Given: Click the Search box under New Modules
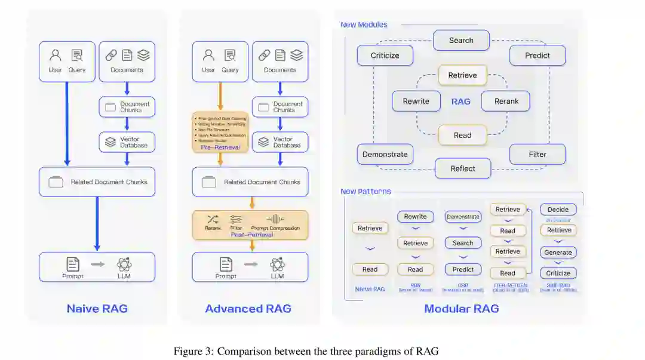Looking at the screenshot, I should click(x=461, y=41).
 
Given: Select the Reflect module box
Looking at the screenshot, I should click(x=463, y=168).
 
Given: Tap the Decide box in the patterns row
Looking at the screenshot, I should click(x=558, y=210).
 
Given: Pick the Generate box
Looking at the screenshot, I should click(x=558, y=253).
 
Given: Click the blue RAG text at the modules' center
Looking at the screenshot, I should click(x=460, y=101).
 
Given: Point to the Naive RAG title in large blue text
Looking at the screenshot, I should click(x=97, y=309).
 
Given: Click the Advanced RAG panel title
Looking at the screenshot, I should click(x=248, y=309).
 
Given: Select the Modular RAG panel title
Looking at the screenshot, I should click(x=461, y=309).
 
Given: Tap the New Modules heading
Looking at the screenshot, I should click(x=364, y=24).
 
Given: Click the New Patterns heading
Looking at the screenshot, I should click(x=365, y=192).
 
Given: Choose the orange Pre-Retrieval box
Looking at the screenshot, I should click(x=220, y=132).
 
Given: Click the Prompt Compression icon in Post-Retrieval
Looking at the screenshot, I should click(x=275, y=219).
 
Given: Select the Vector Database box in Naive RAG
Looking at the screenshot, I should click(x=127, y=142).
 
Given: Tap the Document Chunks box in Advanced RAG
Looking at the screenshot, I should click(x=279, y=107).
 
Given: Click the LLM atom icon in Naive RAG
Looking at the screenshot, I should click(x=124, y=264).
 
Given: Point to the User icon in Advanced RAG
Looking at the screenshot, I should click(x=208, y=56).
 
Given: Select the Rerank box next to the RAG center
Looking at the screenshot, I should click(x=506, y=101).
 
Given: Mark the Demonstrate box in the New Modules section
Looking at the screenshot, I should click(x=385, y=154).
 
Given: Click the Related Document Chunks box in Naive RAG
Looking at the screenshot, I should click(x=97, y=182).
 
